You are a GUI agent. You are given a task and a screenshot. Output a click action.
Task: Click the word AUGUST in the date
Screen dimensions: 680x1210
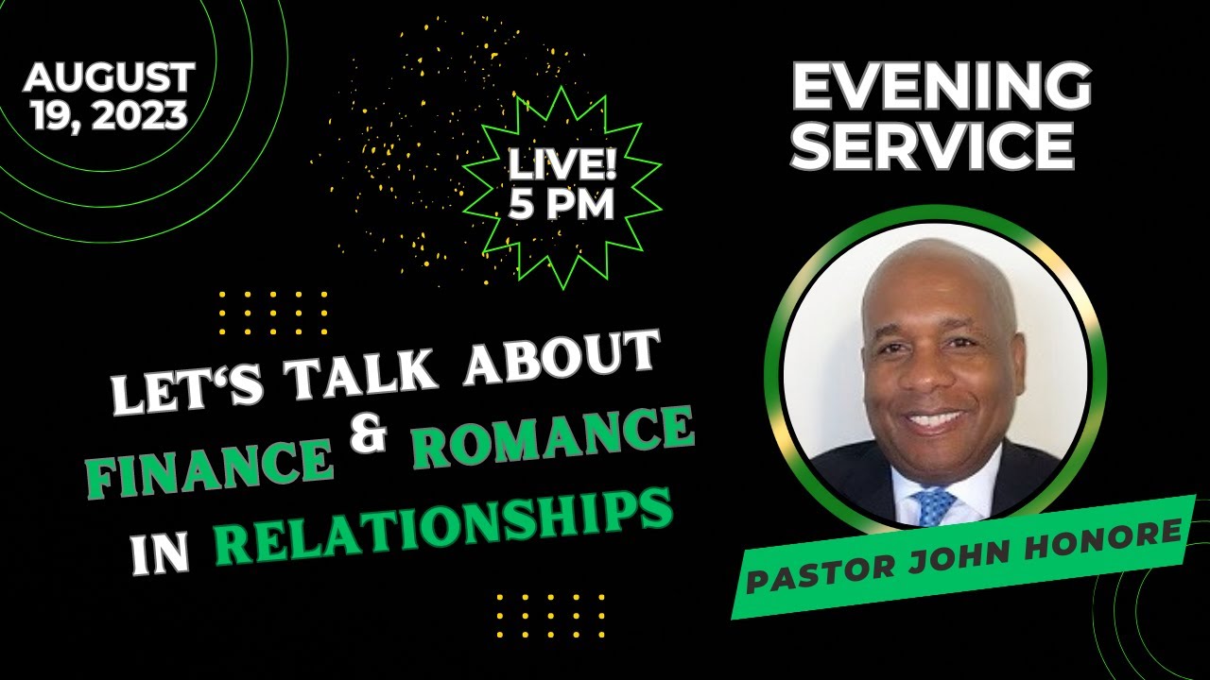[111, 77]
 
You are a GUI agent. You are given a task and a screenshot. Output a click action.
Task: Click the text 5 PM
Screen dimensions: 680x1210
[562, 205]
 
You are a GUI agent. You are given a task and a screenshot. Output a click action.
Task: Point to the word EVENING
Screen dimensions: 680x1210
[941, 88]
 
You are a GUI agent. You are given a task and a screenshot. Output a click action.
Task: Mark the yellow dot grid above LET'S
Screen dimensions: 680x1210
[273, 313]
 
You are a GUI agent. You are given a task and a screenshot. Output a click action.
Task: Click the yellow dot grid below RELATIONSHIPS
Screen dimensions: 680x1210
[550, 616]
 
